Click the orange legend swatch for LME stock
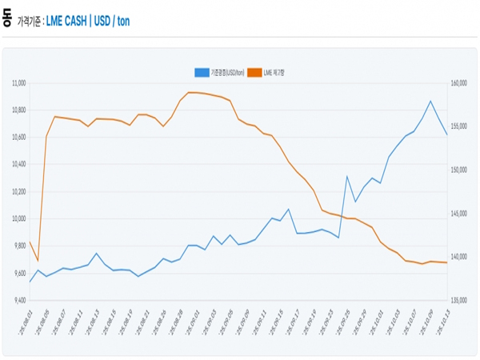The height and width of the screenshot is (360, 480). pos(255,72)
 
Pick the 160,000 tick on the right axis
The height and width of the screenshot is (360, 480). pos(462,82)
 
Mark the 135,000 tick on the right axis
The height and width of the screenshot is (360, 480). pos(462,300)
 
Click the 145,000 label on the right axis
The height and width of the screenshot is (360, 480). pos(462,213)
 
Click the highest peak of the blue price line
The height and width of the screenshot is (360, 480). pos(430,101)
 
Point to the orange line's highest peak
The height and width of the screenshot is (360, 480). pos(189,92)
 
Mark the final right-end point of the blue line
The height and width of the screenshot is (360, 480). pos(446,134)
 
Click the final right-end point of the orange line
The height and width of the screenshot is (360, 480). pos(446,262)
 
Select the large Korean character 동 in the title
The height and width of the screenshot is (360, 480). pos(7,17)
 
